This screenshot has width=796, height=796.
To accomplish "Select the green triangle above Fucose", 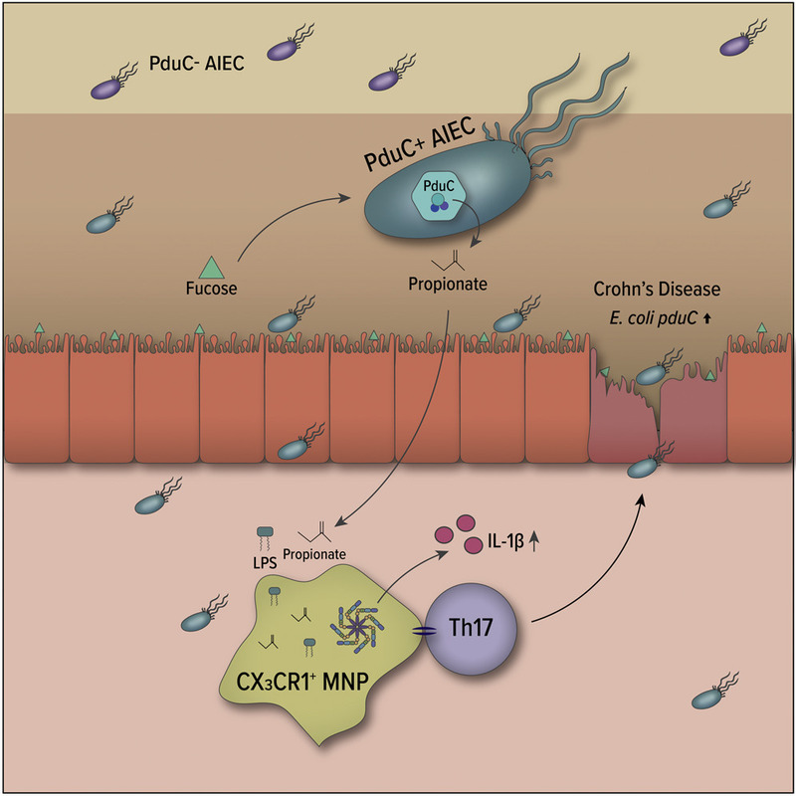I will (209, 267).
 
